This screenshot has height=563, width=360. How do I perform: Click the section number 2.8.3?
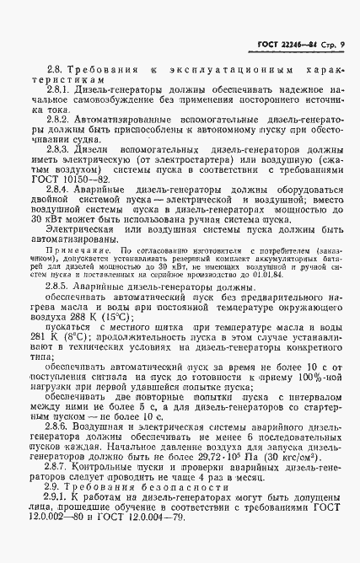61,148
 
